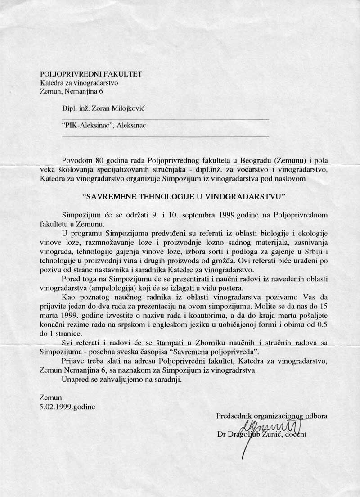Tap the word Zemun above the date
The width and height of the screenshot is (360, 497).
pos(50,398)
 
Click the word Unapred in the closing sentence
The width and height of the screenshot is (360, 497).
pos(75,380)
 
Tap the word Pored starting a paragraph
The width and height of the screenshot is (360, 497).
pos(72,279)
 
